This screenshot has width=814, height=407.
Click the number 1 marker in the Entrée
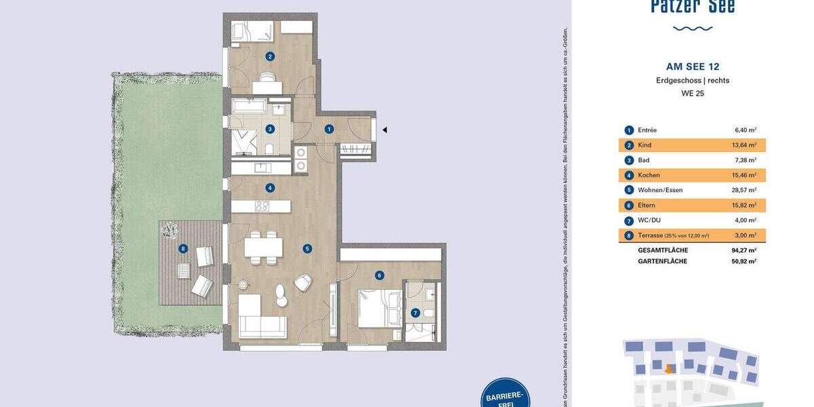tap(329, 129)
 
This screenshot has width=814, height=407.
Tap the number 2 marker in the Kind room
tap(270, 57)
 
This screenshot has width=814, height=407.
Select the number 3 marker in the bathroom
tap(270, 129)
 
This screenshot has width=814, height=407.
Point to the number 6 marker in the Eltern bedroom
tap(380, 275)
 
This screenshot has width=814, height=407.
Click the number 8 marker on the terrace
tap(182, 249)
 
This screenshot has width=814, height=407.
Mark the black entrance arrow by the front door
tap(384, 130)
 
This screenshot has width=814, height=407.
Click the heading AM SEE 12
tap(693, 66)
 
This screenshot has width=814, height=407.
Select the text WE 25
tap(693, 94)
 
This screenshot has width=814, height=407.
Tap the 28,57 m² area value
tap(745, 190)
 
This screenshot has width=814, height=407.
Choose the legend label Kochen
tap(648, 175)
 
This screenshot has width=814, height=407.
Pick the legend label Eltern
tap(647, 205)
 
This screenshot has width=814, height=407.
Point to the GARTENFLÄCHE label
tap(662, 261)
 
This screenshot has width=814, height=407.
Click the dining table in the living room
tap(263, 248)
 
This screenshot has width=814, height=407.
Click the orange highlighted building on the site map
tap(670, 369)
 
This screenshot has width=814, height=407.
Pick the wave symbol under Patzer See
tap(693, 28)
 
